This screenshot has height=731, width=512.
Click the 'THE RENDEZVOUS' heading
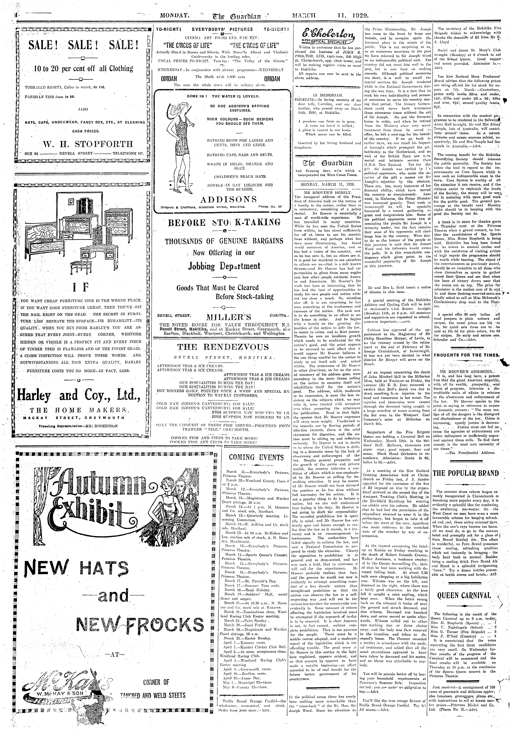223,347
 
